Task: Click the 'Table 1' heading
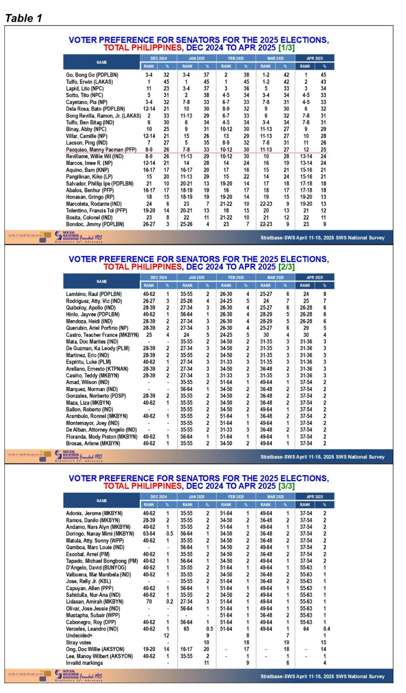tap(24, 18)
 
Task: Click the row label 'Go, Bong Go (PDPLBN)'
tap(92, 75)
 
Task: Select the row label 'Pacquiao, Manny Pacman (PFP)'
tap(101, 150)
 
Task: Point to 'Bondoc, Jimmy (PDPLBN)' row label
tap(95, 224)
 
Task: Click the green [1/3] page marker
tap(286, 48)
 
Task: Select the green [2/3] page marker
tap(286, 267)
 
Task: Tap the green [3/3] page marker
tap(286, 486)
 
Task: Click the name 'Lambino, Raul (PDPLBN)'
tap(94, 294)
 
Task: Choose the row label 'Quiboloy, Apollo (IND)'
tap(91, 308)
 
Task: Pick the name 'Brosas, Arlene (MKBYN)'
tap(93, 444)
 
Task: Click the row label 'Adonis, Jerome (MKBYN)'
tap(94, 513)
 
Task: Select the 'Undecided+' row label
tap(79, 636)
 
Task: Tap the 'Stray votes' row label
tap(79, 643)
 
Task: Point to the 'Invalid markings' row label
tap(84, 663)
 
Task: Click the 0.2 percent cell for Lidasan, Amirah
tap(170, 602)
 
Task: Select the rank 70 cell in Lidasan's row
tap(149, 602)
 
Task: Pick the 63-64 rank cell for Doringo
tap(149, 534)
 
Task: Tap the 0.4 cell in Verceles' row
tap(327, 629)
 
